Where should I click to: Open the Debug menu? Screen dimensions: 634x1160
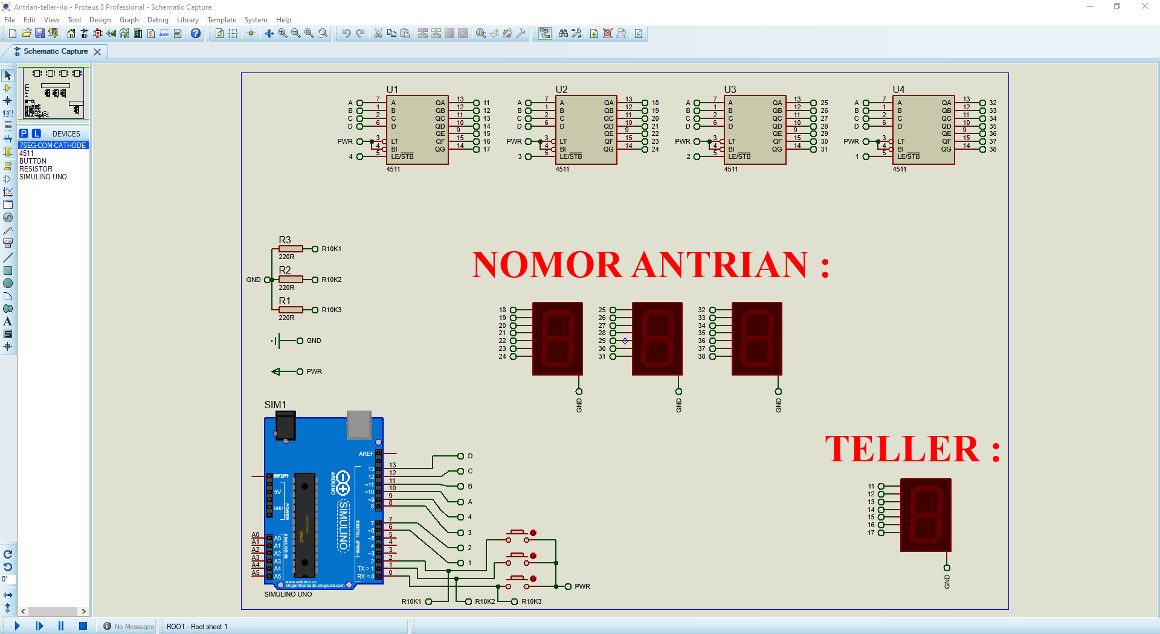[158, 20]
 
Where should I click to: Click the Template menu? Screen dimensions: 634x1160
[221, 20]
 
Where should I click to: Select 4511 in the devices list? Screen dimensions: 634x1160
[27, 153]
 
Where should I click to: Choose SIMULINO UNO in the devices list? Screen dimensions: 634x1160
[43, 177]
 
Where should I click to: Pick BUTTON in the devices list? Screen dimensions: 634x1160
[33, 161]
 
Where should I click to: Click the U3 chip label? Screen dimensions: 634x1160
[730, 89]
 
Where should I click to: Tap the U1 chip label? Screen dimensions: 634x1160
[392, 89]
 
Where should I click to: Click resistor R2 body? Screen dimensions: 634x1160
[291, 280]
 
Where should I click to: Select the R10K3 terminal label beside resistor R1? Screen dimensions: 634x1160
[331, 310]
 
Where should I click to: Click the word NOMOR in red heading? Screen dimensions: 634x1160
[546, 265]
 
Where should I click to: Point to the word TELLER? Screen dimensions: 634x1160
[901, 449]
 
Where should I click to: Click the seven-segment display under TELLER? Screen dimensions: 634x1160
[926, 515]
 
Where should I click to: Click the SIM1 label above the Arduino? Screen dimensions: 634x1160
[275, 405]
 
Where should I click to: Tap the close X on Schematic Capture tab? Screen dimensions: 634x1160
[97, 52]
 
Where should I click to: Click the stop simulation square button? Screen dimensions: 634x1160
[83, 626]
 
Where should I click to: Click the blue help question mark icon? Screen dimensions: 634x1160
[196, 34]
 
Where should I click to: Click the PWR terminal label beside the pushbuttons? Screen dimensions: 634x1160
[582, 586]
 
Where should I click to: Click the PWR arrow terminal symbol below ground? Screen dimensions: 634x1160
[277, 371]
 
